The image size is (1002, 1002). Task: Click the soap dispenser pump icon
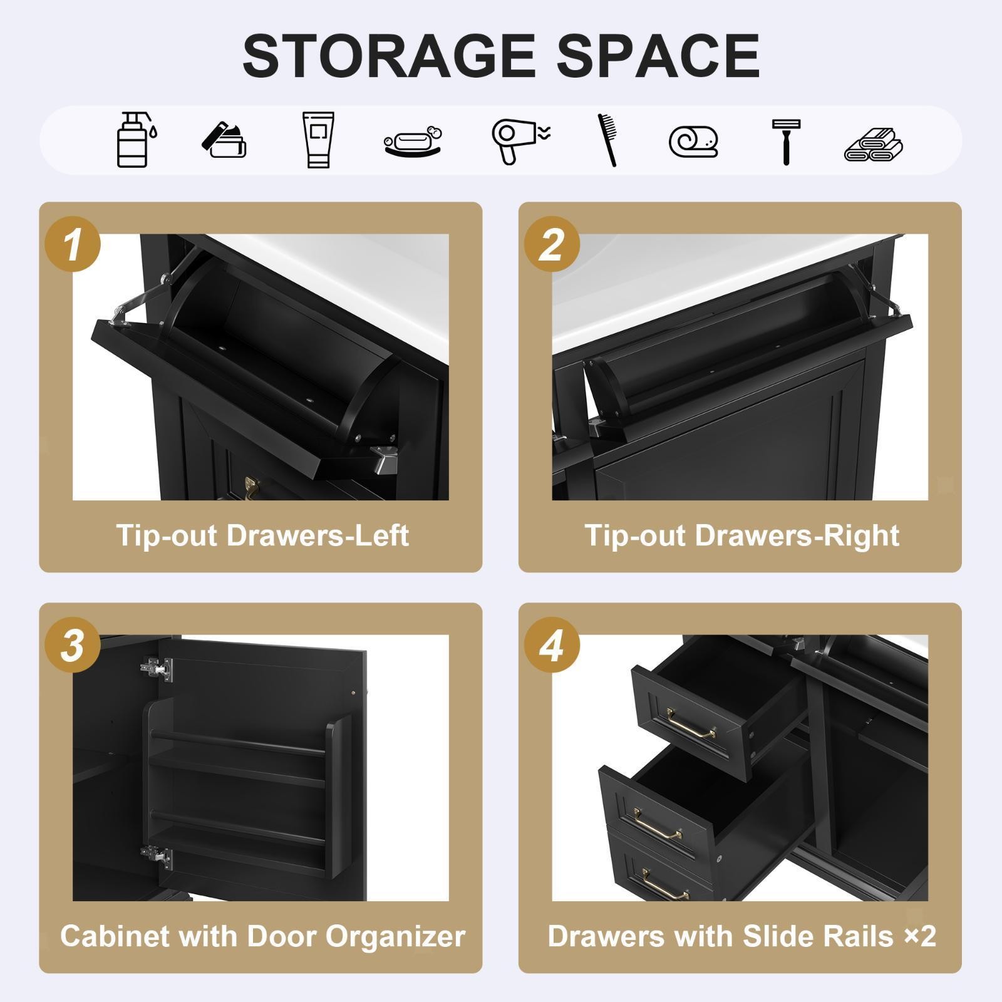[x=137, y=140]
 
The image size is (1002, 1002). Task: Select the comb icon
[x=607, y=140]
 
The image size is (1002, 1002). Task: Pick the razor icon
[x=785, y=142]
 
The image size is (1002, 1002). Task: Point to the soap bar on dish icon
[x=413, y=142]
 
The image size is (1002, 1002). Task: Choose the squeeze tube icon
[x=318, y=140]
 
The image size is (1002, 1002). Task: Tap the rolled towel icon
[x=693, y=142]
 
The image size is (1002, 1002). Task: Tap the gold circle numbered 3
[x=73, y=645]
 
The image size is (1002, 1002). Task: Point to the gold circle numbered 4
[x=552, y=645]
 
